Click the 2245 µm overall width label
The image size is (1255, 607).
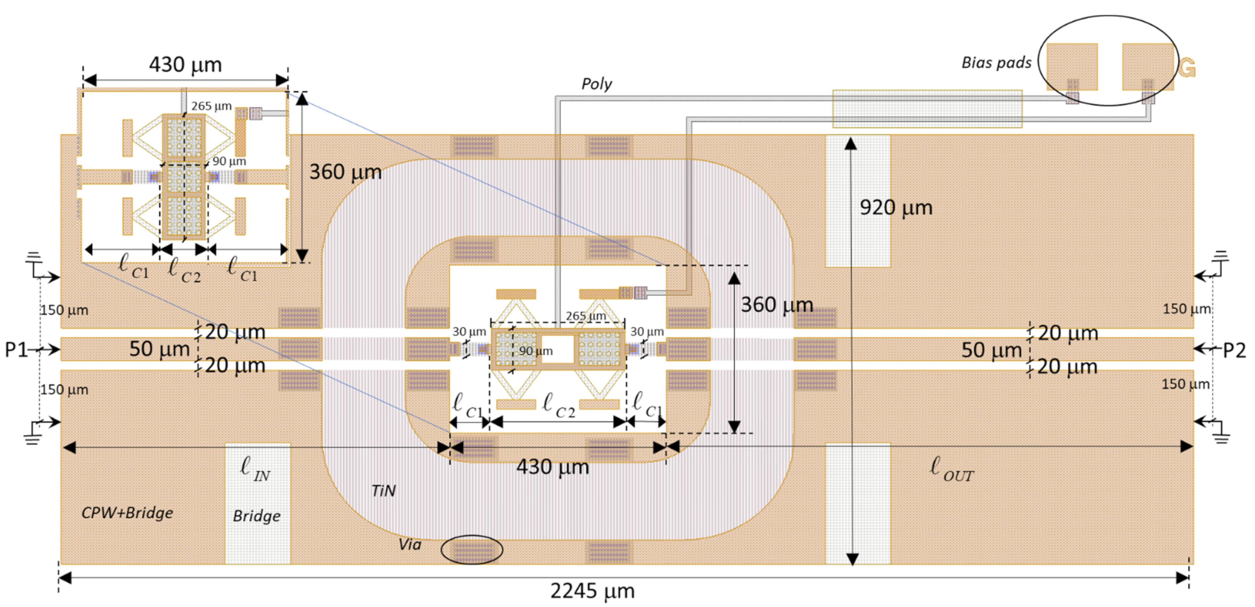(x=592, y=591)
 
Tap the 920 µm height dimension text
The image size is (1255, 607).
(x=895, y=208)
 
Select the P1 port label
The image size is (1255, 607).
(x=16, y=349)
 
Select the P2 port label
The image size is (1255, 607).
(x=1234, y=350)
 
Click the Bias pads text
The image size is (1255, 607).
(x=996, y=63)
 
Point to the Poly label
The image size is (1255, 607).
(x=596, y=84)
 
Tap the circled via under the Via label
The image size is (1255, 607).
(x=472, y=550)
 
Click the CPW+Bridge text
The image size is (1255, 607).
(x=127, y=513)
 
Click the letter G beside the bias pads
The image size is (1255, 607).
(x=1187, y=68)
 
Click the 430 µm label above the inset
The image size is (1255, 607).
(x=185, y=64)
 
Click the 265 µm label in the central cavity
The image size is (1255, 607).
(x=585, y=316)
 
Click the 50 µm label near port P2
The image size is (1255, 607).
(x=991, y=350)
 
